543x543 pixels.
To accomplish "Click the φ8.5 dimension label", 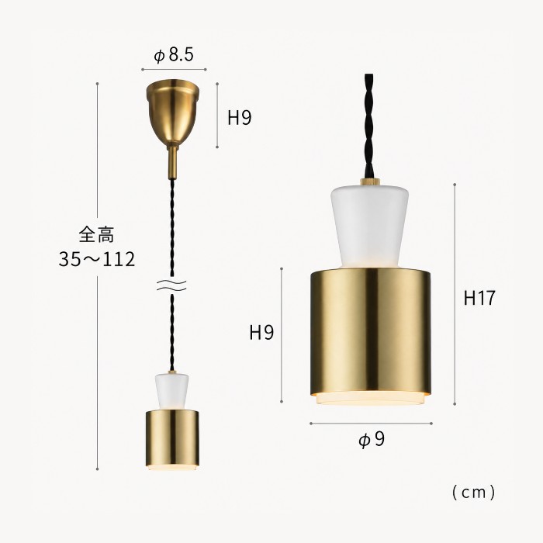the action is click(x=174, y=55).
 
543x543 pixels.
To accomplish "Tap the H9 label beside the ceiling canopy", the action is click(x=239, y=118).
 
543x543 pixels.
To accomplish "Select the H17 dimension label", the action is click(x=479, y=298).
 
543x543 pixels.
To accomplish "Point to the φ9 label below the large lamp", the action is click(x=372, y=440).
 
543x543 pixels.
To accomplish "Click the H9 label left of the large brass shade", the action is click(x=261, y=333).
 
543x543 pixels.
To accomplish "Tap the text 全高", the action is click(x=97, y=234).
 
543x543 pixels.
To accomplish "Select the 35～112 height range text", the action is click(x=97, y=259).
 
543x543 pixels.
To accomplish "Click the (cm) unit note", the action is click(x=474, y=492).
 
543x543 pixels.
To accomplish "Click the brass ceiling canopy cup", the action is click(x=172, y=112).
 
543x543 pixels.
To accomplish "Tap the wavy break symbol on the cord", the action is click(x=171, y=285).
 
